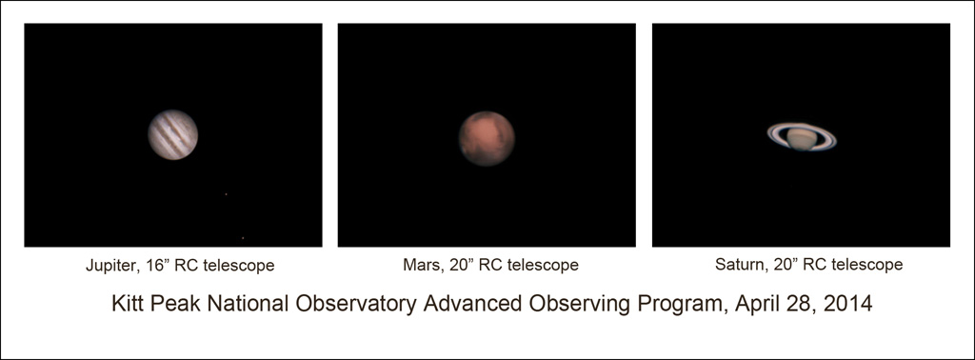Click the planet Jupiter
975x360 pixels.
click(173, 135)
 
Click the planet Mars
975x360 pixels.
click(487, 139)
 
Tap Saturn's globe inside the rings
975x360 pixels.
click(802, 138)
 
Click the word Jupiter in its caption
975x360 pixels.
click(109, 266)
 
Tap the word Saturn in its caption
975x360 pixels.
click(738, 264)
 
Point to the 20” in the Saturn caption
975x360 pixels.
click(783, 264)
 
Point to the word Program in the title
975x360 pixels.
click(684, 305)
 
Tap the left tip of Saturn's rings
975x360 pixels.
click(768, 131)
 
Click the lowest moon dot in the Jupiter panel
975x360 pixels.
click(243, 237)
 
